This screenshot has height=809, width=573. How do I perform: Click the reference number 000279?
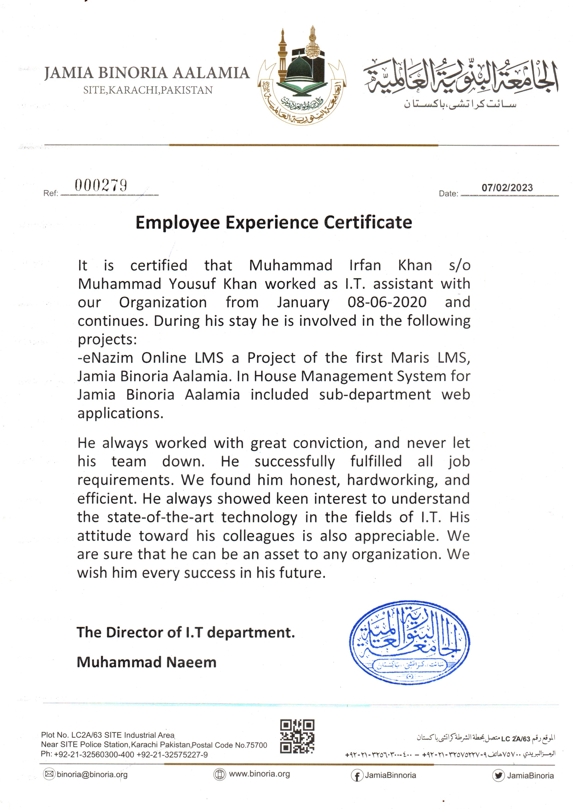tap(101, 186)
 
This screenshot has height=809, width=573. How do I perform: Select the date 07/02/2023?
tap(507, 188)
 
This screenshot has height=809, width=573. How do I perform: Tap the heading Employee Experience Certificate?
tap(274, 223)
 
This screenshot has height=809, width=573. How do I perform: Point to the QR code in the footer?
tap(297, 736)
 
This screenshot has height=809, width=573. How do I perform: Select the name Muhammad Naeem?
tap(146, 662)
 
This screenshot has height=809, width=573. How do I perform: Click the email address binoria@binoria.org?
tap(92, 774)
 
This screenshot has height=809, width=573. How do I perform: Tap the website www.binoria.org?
tap(259, 774)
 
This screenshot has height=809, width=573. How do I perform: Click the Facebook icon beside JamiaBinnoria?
tap(357, 776)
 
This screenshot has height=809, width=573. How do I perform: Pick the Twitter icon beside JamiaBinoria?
tap(498, 776)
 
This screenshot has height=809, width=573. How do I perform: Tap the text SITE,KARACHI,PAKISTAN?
tap(148, 91)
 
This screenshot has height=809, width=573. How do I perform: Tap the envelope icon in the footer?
tap(49, 774)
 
